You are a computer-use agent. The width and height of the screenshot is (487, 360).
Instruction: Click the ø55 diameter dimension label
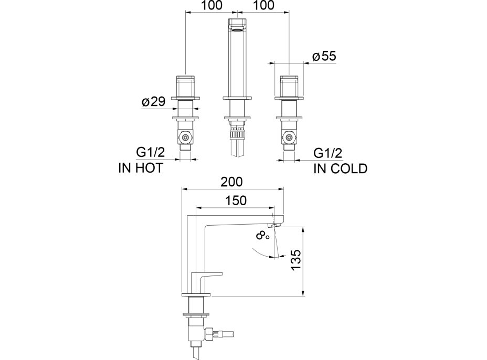[324, 56]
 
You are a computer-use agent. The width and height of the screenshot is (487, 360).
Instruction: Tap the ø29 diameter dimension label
[153, 102]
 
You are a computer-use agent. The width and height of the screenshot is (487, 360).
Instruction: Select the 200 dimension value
[231, 182]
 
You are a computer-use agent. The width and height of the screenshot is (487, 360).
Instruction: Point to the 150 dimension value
[236, 200]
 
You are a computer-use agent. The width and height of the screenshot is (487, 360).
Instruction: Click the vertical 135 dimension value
[297, 260]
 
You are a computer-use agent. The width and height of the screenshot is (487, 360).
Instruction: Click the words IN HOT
[141, 168]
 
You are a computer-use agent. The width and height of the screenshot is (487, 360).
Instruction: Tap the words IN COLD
[341, 168]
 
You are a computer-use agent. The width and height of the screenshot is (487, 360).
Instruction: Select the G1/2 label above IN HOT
[151, 153]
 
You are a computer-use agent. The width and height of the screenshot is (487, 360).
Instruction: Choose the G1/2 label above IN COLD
[327, 153]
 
